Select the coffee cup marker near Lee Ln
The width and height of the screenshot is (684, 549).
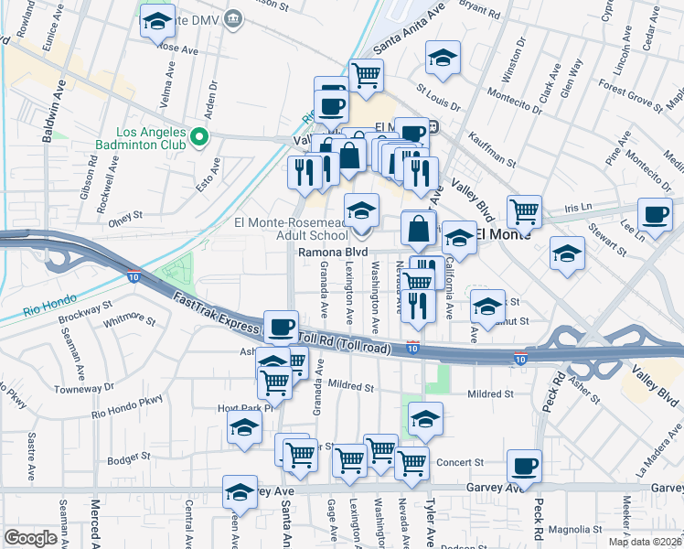654,215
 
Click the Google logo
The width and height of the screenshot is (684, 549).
30,538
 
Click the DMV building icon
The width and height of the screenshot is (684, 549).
233,17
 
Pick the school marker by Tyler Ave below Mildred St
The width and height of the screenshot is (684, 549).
424,419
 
